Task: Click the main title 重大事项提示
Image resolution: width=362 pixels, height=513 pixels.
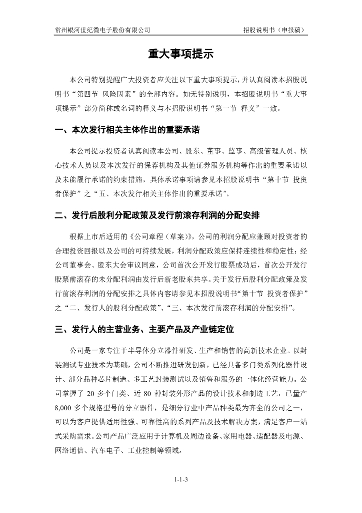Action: point(180,54)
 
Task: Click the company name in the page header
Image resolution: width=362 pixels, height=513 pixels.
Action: point(102,30)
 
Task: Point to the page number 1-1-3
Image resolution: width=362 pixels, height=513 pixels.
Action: point(181,480)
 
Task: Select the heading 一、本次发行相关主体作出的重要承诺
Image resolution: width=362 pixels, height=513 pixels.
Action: point(127,131)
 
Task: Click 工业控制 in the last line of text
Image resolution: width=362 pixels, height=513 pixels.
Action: point(143,451)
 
